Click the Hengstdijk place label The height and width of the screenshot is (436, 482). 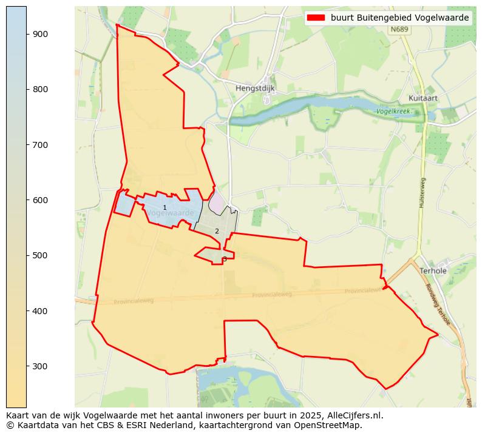[x=255, y=88]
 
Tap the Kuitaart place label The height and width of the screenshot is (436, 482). [x=423, y=98]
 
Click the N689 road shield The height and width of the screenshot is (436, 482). [x=399, y=29]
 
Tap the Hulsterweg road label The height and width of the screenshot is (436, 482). [x=421, y=193]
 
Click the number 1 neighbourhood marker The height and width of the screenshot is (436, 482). [x=165, y=208]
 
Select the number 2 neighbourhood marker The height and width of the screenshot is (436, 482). [x=217, y=231]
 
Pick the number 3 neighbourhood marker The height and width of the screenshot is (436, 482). [x=225, y=259]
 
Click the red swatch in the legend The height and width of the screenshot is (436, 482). [x=317, y=18]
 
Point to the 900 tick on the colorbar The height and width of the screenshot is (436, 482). [x=40, y=34]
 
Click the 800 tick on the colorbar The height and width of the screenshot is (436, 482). [x=40, y=89]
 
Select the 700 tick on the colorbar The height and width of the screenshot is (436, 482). [x=40, y=145]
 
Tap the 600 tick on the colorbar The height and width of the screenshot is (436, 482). [x=40, y=200]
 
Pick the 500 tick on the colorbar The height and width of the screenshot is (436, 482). [x=40, y=255]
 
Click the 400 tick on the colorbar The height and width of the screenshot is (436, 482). [x=40, y=311]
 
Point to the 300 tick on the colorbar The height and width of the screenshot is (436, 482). [x=40, y=366]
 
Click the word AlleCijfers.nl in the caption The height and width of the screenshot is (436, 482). [x=355, y=415]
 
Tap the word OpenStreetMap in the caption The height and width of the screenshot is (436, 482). [x=331, y=425]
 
